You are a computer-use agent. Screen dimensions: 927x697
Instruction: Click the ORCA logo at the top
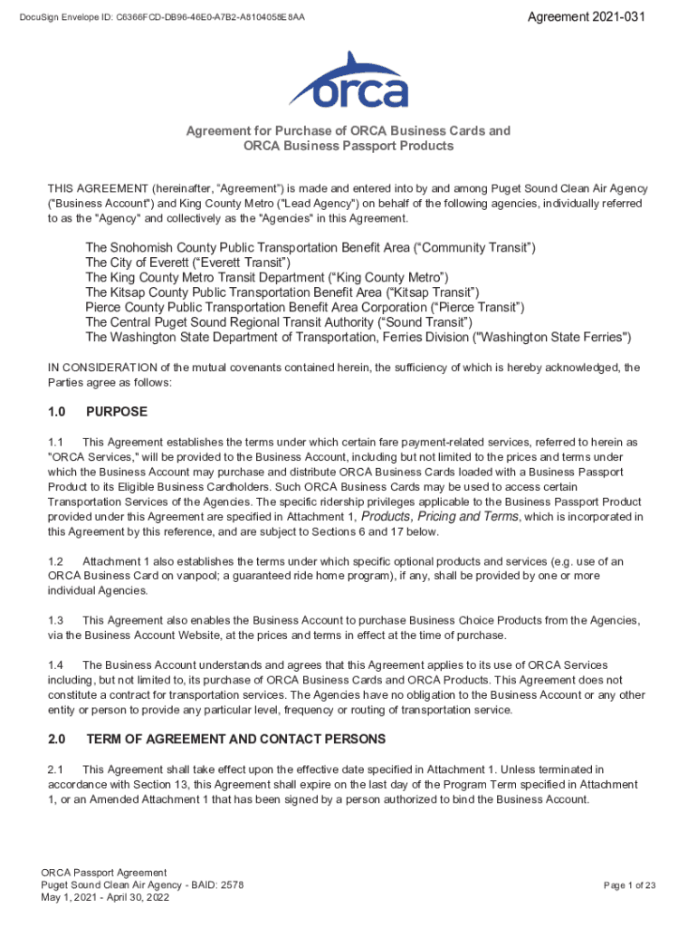pyautogui.click(x=348, y=81)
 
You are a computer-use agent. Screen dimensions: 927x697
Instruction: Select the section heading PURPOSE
pyautogui.click(x=116, y=412)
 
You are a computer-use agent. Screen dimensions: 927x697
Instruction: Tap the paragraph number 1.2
pyautogui.click(x=55, y=561)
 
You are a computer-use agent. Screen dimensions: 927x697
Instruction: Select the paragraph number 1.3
pyautogui.click(x=55, y=620)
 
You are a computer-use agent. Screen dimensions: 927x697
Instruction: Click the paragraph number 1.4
pyautogui.click(x=55, y=664)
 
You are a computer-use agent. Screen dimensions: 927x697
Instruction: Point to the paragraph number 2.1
pyautogui.click(x=55, y=769)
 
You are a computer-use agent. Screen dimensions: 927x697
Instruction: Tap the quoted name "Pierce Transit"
pyautogui.click(x=475, y=308)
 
